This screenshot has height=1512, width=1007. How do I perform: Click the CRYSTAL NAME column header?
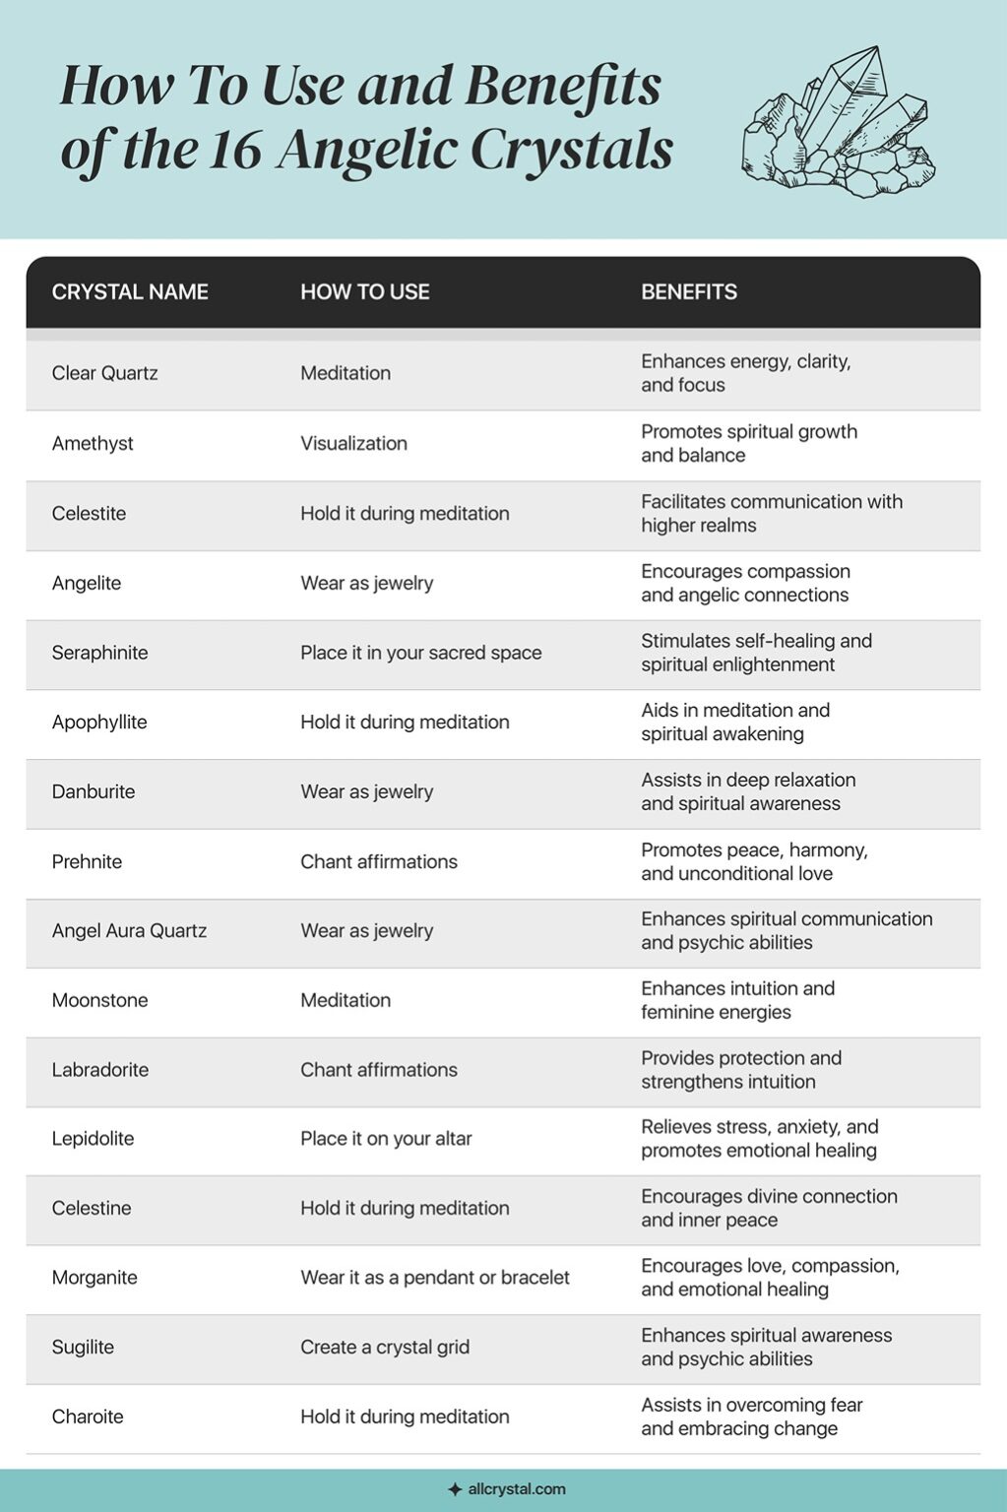(130, 292)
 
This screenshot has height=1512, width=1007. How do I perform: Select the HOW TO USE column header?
(364, 292)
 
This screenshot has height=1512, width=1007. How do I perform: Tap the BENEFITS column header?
(689, 292)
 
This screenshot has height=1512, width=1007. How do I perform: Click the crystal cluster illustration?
(838, 123)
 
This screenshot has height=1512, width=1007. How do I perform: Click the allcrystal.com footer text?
(516, 1489)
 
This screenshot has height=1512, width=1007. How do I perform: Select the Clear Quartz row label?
(104, 373)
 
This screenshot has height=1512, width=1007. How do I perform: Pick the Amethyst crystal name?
(93, 443)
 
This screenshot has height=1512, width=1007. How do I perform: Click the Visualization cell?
(353, 443)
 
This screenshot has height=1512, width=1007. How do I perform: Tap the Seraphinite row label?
(99, 653)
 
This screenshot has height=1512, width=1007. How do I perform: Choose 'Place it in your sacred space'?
(420, 653)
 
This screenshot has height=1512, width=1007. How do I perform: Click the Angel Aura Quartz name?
(129, 930)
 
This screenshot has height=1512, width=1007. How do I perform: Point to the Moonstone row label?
(99, 1000)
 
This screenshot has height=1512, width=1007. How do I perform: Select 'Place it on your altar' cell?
(386, 1139)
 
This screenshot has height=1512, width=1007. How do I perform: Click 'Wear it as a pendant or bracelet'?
(435, 1278)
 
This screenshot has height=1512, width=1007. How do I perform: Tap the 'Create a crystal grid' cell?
(385, 1347)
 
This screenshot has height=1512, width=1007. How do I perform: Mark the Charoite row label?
(88, 1417)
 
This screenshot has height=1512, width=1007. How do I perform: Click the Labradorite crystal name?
(100, 1070)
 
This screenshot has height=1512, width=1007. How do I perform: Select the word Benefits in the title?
(562, 87)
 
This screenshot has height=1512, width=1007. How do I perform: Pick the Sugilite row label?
(83, 1347)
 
